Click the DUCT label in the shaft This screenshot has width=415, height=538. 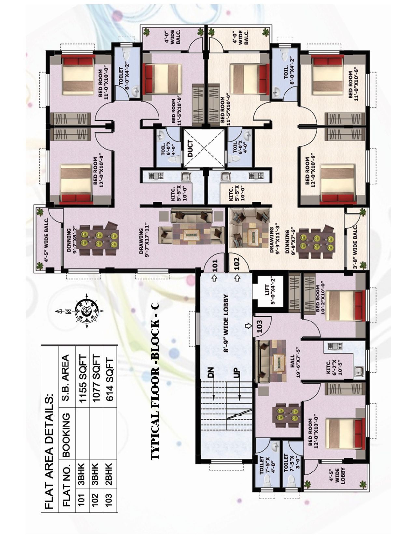click(190, 148)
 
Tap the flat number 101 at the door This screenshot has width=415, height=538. click(215, 265)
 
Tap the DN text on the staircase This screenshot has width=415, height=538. click(210, 372)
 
